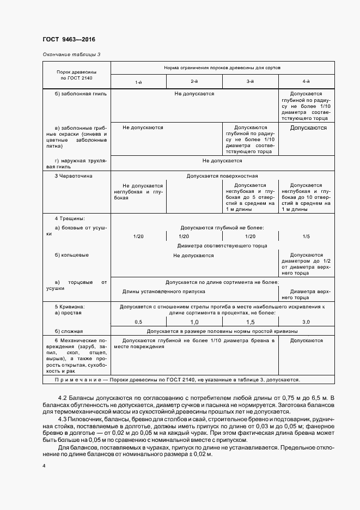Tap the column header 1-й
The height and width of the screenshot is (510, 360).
[139, 81]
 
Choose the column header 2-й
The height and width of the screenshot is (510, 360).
[194, 81]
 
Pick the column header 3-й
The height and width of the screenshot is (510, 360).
[251, 81]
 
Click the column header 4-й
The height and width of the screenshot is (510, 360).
[307, 81]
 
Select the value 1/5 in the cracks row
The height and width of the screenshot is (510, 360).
[306, 236]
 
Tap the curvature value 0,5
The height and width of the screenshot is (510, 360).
[138, 322]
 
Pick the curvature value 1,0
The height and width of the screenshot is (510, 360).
[194, 322]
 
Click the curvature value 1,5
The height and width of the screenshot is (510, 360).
[251, 322]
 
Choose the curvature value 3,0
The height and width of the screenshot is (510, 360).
[306, 322]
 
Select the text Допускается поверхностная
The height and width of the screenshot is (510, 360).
[222, 177]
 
